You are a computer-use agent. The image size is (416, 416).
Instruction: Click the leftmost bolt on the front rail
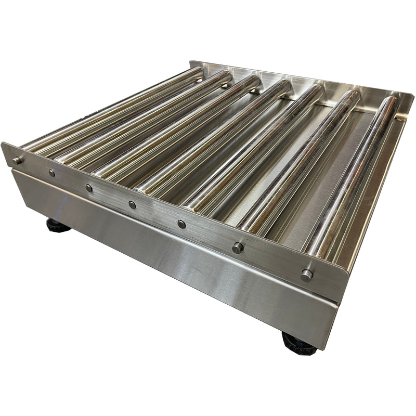click(x=17, y=160)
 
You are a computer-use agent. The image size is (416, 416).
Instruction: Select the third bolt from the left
click(x=89, y=188)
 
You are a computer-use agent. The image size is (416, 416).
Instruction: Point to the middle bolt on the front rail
click(x=133, y=205)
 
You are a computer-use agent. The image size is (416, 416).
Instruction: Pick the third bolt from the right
click(x=181, y=224)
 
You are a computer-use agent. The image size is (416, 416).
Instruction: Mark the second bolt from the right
click(x=238, y=248)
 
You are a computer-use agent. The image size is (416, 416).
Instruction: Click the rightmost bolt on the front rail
click(x=307, y=275)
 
